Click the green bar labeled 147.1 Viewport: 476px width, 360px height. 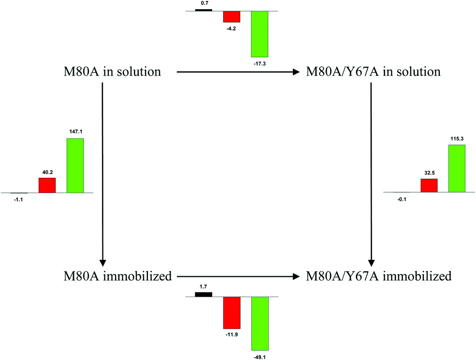pyautogui.click(x=75, y=166)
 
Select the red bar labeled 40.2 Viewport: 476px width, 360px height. pyautogui.click(x=47, y=186)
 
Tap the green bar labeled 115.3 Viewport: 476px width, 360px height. pyautogui.click(x=457, y=168)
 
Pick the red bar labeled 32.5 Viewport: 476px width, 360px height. pyautogui.click(x=429, y=186)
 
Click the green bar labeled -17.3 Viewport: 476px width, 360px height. pyautogui.click(x=260, y=33)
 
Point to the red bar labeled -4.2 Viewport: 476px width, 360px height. pyautogui.click(x=231, y=16)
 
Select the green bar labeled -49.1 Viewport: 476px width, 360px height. pyautogui.click(x=260, y=323)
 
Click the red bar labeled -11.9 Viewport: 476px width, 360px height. pyautogui.click(x=231, y=313)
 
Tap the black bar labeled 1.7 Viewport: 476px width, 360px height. pyautogui.click(x=203, y=294)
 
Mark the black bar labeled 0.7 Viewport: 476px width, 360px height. pyautogui.click(x=203, y=9)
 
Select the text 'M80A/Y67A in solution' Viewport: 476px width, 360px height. pyautogui.click(x=374, y=72)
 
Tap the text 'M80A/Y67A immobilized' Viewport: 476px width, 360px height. pyautogui.click(x=378, y=277)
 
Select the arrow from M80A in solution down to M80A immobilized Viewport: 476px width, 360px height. pyautogui.click(x=103, y=174)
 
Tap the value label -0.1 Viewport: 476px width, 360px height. pyautogui.click(x=401, y=199)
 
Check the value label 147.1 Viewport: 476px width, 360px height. pyautogui.click(x=75, y=131)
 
